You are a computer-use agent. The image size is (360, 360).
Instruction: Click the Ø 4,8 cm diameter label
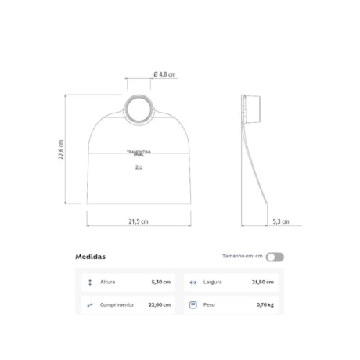pyautogui.click(x=162, y=74)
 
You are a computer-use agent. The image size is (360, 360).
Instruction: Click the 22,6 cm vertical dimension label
pyautogui.click(x=61, y=149)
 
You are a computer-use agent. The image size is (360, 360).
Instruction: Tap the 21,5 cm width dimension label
pyautogui.click(x=139, y=221)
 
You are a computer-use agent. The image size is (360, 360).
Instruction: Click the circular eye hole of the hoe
pyautogui.click(x=138, y=109)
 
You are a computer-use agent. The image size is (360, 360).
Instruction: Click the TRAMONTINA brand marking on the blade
pyautogui.click(x=139, y=153)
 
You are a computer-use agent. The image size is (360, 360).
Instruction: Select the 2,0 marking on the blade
pyautogui.click(x=139, y=167)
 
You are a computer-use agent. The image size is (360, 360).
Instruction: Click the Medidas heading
pyautogui.click(x=90, y=256)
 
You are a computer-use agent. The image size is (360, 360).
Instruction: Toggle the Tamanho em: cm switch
pyautogui.click(x=275, y=257)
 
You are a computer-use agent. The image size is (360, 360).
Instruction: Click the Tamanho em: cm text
pyautogui.click(x=242, y=257)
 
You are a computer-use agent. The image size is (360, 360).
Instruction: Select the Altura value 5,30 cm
pyautogui.click(x=161, y=282)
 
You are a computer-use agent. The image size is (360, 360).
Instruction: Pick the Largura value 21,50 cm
pyautogui.click(x=262, y=282)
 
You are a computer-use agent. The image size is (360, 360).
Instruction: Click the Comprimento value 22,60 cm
pyautogui.click(x=160, y=304)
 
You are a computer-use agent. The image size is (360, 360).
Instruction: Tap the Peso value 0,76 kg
pyautogui.click(x=265, y=304)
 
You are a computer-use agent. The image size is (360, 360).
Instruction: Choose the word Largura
pyautogui.click(x=212, y=282)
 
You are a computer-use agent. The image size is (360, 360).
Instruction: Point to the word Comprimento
pyautogui.click(x=116, y=304)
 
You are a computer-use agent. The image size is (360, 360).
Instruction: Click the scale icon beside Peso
pyautogui.click(x=193, y=304)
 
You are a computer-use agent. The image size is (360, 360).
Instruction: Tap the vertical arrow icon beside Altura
pyautogui.click(x=90, y=282)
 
